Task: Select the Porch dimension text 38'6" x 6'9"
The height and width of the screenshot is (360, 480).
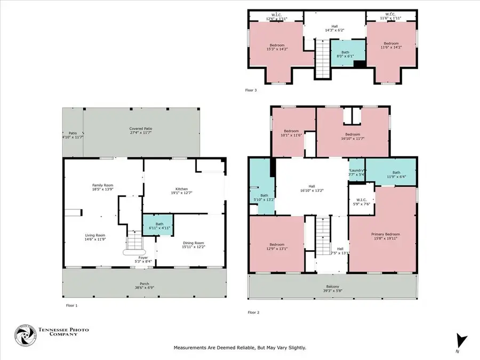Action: click(x=141, y=286)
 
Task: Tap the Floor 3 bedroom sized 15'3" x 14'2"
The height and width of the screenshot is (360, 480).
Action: click(x=277, y=47)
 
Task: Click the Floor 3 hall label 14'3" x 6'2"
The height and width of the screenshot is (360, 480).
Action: click(x=334, y=28)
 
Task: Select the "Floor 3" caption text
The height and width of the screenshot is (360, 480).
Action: click(x=251, y=90)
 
